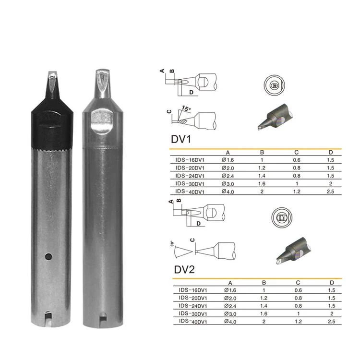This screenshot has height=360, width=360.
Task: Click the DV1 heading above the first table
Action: tap(181, 139)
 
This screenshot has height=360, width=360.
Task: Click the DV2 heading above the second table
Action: tap(184, 270)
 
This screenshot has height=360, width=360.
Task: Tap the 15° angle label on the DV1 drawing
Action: tap(186, 108)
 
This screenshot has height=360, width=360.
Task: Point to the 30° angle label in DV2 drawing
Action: tap(172, 243)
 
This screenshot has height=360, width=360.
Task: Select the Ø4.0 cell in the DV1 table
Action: tap(228, 192)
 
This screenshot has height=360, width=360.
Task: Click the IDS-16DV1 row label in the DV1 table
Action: tap(190, 160)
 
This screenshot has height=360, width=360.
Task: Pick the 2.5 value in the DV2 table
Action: tap(332, 322)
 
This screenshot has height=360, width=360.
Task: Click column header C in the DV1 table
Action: tap(297, 153)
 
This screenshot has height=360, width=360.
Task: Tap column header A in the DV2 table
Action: tap(230, 283)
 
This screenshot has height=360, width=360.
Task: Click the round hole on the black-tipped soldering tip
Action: tap(48, 256)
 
